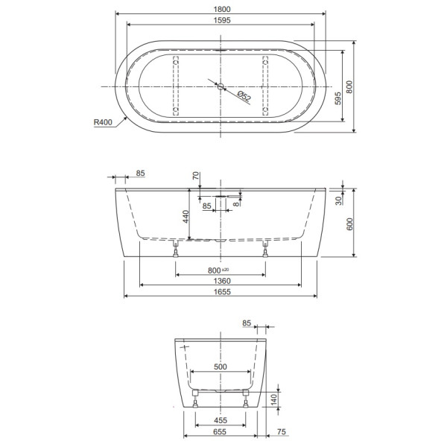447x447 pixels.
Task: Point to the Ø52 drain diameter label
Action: tap(243, 95)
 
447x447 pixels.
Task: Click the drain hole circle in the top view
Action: tap(221, 85)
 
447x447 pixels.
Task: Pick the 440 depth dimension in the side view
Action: tap(185, 218)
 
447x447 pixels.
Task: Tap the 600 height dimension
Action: tap(348, 226)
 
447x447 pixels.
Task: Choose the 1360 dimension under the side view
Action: tap(221, 281)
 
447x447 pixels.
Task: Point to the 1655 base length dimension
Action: tap(221, 292)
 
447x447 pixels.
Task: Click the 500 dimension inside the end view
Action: tap(221, 367)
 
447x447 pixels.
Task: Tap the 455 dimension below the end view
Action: tap(221, 419)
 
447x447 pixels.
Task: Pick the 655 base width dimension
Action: tap(221, 431)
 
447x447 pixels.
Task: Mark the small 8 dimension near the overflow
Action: tap(237, 202)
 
